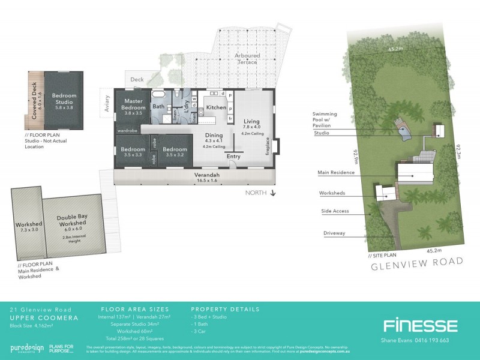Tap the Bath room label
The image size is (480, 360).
[x=158, y=107]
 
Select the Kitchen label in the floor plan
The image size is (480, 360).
[x=216, y=107]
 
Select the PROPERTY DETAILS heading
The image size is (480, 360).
[x=225, y=310]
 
